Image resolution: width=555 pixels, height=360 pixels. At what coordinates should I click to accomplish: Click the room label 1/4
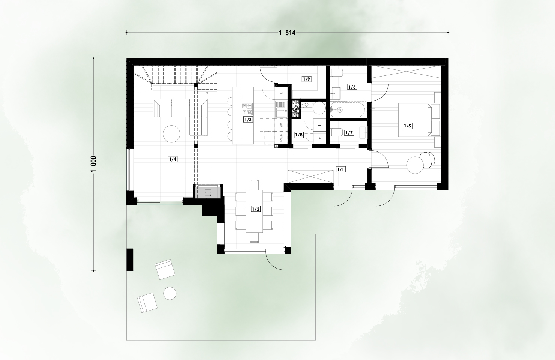(172, 159)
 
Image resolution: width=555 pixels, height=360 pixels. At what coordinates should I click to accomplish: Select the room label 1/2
(256, 209)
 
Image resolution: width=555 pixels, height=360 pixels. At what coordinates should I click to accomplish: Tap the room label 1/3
(248, 120)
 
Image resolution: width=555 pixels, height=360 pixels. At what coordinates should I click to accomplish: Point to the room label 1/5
(408, 126)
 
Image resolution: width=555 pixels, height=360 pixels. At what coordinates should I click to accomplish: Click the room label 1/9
(306, 79)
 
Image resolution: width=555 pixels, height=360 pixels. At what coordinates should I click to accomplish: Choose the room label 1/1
(340, 169)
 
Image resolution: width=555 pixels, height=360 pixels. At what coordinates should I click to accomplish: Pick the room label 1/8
(299, 135)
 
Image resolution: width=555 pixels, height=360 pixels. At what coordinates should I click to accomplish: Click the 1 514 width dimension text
(287, 33)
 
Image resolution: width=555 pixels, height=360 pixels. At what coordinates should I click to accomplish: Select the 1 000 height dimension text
(94, 164)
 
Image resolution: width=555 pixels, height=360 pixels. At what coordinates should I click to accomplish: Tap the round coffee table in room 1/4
(171, 134)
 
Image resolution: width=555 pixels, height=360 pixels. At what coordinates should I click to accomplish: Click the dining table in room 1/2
(254, 211)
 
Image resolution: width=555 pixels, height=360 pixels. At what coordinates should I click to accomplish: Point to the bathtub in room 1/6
(348, 109)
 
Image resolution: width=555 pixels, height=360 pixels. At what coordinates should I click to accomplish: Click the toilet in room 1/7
(336, 132)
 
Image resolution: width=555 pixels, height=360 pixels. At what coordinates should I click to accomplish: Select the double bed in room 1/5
(419, 120)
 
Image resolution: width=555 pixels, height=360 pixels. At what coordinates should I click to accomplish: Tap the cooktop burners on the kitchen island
(247, 109)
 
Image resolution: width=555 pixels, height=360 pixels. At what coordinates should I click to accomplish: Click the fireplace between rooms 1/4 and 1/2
(208, 192)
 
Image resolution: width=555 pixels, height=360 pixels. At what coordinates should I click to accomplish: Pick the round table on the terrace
(170, 293)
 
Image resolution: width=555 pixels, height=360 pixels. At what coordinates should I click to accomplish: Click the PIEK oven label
(281, 138)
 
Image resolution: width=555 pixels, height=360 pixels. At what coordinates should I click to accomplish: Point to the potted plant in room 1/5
(427, 159)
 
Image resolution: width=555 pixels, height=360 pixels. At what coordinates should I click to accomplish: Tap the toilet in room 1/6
(337, 73)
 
